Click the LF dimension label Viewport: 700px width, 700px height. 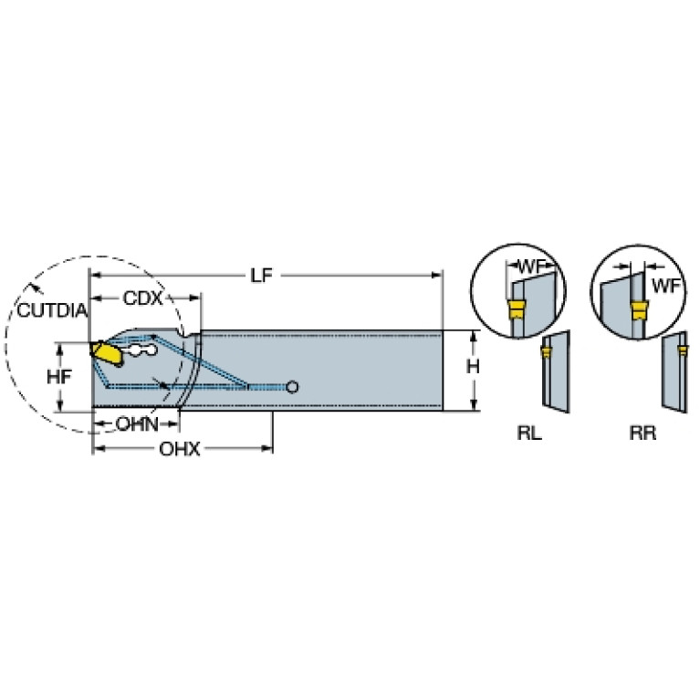261,276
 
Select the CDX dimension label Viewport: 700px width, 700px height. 143,298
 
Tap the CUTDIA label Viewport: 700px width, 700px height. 52,310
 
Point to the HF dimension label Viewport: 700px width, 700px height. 59,377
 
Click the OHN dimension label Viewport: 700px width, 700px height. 137,424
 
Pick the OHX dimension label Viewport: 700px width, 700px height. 180,449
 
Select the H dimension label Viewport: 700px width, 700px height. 473,367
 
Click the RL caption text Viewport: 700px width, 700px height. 529,433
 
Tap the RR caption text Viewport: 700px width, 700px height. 643,433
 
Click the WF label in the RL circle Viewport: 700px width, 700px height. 530,267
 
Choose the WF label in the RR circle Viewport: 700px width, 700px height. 665,286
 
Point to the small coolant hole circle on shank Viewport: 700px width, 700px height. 292,387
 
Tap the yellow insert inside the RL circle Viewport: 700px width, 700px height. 517,309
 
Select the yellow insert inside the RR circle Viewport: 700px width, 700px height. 639,309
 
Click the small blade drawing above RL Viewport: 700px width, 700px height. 556,371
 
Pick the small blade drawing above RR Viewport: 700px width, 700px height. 674,371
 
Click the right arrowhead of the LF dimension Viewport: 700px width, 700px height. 437,276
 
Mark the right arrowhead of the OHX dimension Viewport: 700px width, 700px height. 267,448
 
